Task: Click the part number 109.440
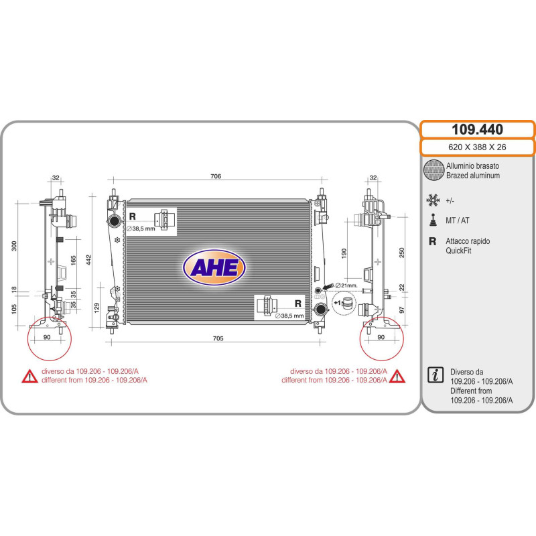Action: [x=477, y=129]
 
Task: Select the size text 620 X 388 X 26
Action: [x=477, y=147]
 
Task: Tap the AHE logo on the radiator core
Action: [x=214, y=267]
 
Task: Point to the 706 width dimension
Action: [x=216, y=176]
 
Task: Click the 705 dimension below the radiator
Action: [x=218, y=338]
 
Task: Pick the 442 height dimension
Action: [x=88, y=260]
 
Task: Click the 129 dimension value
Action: [x=96, y=308]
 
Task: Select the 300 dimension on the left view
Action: [x=14, y=246]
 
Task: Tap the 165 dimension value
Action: [x=73, y=260]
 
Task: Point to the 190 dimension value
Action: [x=344, y=253]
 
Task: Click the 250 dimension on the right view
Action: [x=401, y=253]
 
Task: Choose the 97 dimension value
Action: [x=401, y=310]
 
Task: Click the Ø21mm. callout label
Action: [x=346, y=285]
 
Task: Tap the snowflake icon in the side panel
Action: [x=433, y=200]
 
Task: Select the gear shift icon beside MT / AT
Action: [x=433, y=220]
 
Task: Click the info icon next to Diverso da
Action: [x=435, y=375]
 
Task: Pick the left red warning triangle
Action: [x=29, y=376]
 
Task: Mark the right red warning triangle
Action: [x=397, y=376]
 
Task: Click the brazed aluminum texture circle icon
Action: [x=433, y=170]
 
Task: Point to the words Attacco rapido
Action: [x=467, y=241]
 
